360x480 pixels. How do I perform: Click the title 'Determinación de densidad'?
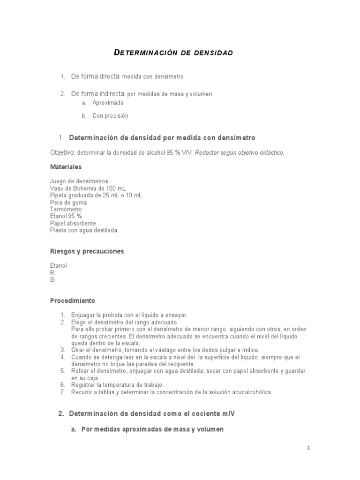coord(173,53)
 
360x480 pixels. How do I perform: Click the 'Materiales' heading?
coord(66,167)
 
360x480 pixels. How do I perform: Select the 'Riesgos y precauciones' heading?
coord(87,251)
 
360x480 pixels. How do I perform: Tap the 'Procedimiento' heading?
coord(72,300)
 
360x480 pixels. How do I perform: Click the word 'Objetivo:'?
coord(62,152)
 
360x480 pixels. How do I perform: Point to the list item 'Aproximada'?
coord(108,102)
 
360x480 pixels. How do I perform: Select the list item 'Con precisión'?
coord(110,116)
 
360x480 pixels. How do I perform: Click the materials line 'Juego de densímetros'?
coord(79,181)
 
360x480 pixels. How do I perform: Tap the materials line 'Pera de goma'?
coord(68,202)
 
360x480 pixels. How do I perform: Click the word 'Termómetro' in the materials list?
coord(66,209)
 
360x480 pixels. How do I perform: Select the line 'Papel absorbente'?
coord(73,224)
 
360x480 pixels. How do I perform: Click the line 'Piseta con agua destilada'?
coord(83,231)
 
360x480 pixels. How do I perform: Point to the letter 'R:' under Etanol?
coord(52,272)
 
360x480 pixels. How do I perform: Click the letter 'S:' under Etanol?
coord(52,279)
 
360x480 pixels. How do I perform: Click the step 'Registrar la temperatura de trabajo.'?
coord(117,385)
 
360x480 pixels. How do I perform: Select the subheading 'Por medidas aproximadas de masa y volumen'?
coord(152,429)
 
